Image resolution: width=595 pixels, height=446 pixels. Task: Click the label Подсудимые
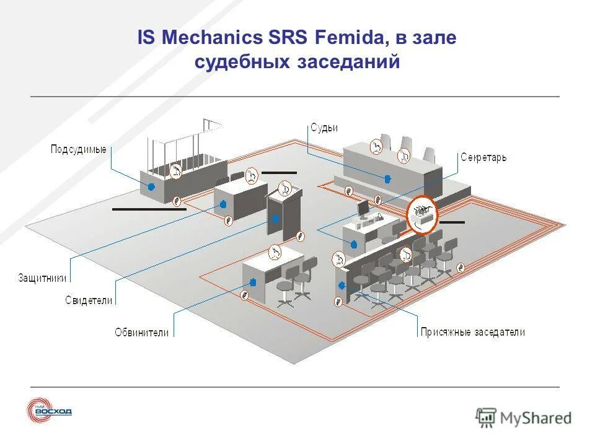coord(78,149)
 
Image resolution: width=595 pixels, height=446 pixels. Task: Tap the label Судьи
coord(324,128)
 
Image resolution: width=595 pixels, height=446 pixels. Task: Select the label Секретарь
coord(483,157)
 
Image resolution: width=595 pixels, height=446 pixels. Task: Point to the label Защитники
coord(42,278)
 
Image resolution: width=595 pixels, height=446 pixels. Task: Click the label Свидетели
coord(89,300)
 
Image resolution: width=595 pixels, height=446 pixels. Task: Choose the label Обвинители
coord(141,332)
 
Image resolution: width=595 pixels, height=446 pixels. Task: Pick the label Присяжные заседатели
coord(472,332)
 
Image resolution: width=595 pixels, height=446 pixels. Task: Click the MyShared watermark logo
coord(523,418)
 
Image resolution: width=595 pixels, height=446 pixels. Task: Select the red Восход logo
coord(50,411)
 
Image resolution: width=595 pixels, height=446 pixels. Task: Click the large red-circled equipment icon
coord(422,214)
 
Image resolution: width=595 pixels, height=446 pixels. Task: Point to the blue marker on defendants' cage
coord(151,185)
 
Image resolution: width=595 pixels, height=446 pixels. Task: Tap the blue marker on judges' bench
coord(388,179)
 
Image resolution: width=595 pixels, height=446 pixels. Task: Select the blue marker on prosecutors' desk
coord(253,282)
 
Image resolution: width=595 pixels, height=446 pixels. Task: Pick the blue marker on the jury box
coord(342,285)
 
